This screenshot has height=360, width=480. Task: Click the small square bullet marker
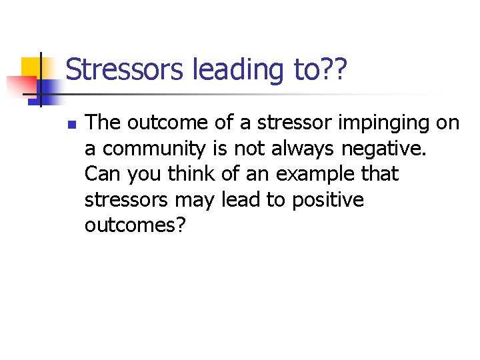click(x=72, y=124)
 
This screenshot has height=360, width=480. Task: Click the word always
click(x=303, y=149)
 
